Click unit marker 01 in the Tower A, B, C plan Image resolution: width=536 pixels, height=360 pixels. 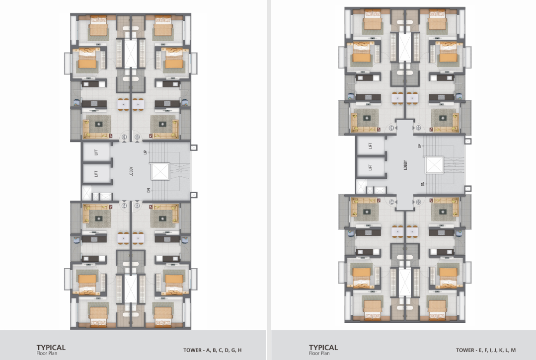point(124,137)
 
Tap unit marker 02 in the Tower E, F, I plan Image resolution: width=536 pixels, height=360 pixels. point(418,128)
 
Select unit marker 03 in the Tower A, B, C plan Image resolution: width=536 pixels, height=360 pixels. point(137,206)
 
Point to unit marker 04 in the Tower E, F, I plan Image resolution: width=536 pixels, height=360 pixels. point(392,202)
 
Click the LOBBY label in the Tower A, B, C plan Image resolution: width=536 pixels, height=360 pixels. point(131,171)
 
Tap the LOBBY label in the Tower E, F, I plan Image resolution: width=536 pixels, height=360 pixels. point(405,165)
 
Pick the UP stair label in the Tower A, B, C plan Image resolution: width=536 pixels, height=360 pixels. point(145,152)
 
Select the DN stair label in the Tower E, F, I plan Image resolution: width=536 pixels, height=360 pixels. point(423,184)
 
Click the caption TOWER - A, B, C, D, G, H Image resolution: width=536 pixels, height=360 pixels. point(212,350)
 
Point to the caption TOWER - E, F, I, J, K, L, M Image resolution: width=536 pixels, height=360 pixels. point(486,350)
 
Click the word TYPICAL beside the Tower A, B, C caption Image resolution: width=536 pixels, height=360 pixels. point(51,348)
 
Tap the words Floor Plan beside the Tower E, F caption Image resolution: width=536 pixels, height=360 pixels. point(319,354)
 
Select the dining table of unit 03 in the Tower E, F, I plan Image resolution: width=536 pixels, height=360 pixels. point(413,231)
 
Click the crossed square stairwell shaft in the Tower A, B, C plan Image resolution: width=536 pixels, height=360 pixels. point(160,172)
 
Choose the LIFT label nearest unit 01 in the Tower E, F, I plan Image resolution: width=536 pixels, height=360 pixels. point(370,146)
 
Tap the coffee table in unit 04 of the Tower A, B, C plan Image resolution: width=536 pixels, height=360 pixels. point(98,218)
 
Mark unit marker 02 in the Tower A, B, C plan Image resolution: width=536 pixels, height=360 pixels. point(137,137)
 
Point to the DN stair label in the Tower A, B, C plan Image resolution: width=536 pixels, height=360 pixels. point(149,190)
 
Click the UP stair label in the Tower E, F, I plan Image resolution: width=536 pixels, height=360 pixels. point(419,146)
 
